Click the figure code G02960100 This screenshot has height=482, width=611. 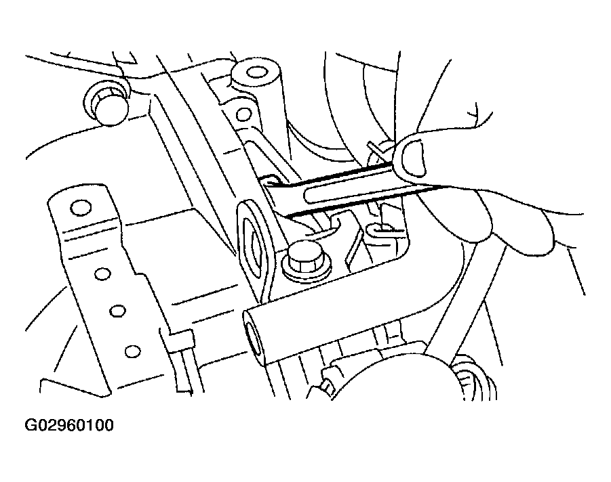(69, 425)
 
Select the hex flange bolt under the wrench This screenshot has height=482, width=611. (305, 260)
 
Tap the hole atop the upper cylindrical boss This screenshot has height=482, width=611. (255, 72)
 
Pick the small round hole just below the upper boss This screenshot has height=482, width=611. (244, 114)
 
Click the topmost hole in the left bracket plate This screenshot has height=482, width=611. (81, 208)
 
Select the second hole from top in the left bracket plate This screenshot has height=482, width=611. (102, 274)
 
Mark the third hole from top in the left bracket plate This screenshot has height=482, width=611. (117, 311)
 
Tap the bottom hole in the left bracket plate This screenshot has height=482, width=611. (132, 351)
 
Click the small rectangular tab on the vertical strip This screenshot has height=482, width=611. (177, 338)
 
